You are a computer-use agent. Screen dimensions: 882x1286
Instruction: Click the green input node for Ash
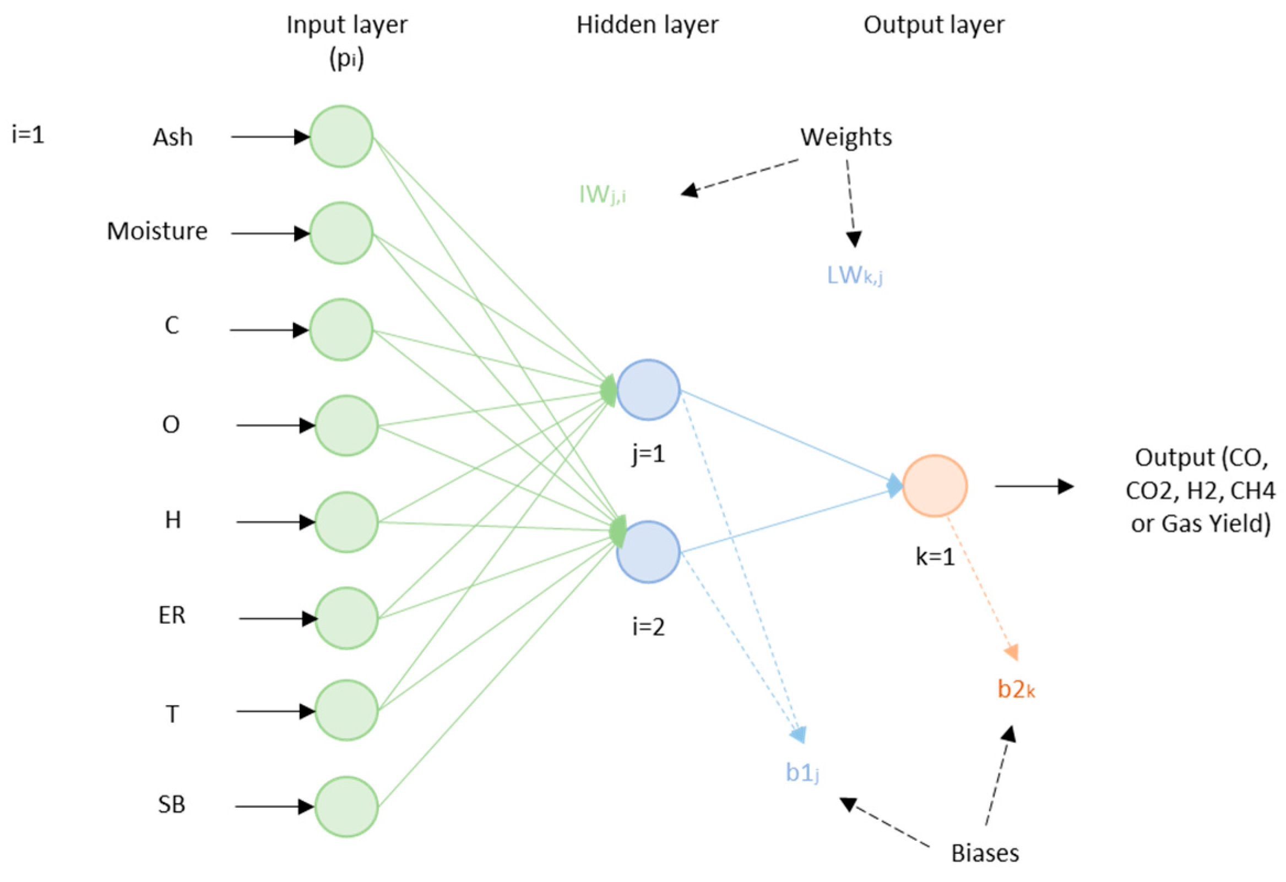[341, 136]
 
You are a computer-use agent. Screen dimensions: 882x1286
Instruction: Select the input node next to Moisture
[341, 233]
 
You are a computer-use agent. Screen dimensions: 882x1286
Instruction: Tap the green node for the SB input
[346, 806]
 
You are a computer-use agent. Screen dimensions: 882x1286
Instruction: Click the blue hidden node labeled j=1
[648, 390]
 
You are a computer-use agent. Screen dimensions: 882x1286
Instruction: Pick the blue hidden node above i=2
[648, 551]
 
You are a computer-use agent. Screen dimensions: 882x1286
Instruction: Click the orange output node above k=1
[935, 486]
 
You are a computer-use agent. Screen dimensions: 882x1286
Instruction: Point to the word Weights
[845, 137]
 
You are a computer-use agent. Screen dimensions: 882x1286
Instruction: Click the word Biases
[985, 853]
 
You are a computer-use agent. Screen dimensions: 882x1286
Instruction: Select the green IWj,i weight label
[602, 194]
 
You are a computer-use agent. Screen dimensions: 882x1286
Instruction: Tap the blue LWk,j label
[854, 275]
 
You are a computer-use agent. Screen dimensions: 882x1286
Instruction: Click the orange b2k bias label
[1016, 689]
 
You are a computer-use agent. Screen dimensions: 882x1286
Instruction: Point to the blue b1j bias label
[802, 773]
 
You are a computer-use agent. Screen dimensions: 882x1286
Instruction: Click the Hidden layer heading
[648, 25]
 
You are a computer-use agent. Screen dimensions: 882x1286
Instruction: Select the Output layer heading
[934, 25]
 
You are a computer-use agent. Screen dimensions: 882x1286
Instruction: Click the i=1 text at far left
[28, 135]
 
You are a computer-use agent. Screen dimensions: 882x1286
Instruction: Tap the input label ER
[171, 616]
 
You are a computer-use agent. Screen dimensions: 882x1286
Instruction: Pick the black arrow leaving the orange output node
[1034, 486]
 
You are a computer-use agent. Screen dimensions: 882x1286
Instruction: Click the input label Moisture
[157, 231]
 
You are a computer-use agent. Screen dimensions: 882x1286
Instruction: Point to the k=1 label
[935, 557]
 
